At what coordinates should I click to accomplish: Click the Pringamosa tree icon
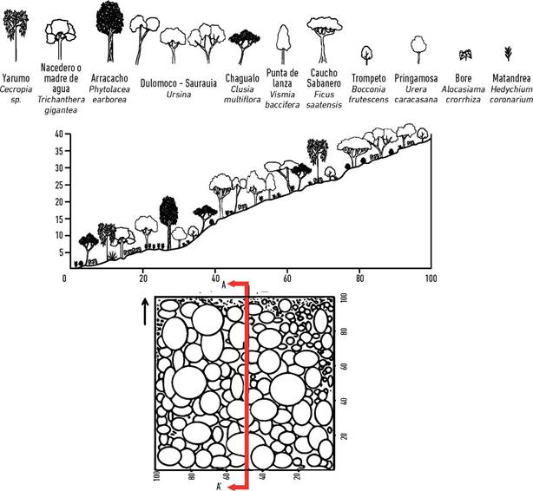[x=418, y=44]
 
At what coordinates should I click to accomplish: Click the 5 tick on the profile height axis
[x=61, y=253]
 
